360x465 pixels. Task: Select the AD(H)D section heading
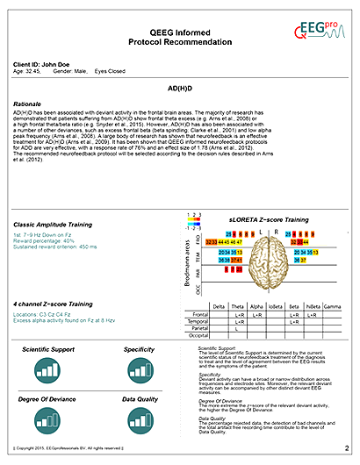pyautogui.click(x=180, y=89)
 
